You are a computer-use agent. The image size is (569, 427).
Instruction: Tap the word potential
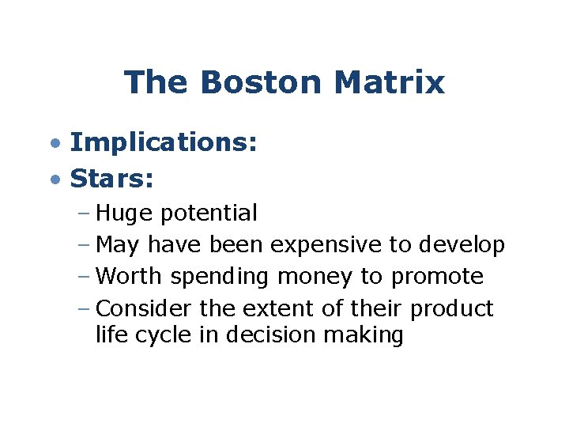(x=208, y=213)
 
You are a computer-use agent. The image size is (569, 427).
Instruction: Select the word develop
(x=461, y=245)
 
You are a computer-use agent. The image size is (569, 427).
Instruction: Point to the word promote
(x=438, y=278)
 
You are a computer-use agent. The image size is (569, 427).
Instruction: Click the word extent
(x=269, y=308)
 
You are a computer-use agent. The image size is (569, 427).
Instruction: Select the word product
(x=451, y=309)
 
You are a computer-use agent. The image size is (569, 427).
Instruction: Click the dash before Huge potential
(x=85, y=213)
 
